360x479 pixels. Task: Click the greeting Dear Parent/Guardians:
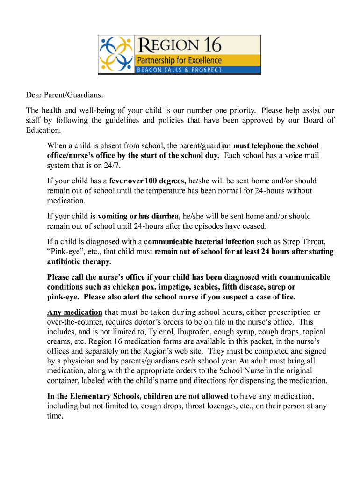[65, 95]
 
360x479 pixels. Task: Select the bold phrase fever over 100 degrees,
[148, 181]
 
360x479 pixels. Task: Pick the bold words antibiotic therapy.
[79, 261]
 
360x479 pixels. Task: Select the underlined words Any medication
[74, 312]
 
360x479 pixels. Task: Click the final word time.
[55, 416]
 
